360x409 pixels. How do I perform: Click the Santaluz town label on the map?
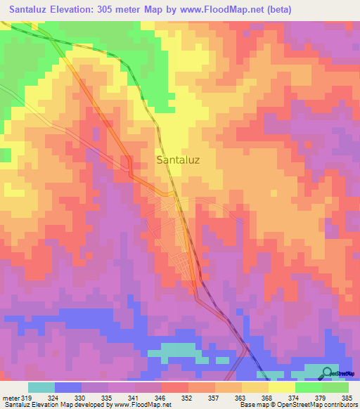click(177, 160)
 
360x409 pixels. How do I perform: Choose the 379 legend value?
click(321, 397)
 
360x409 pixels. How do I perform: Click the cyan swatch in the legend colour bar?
click(41, 387)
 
